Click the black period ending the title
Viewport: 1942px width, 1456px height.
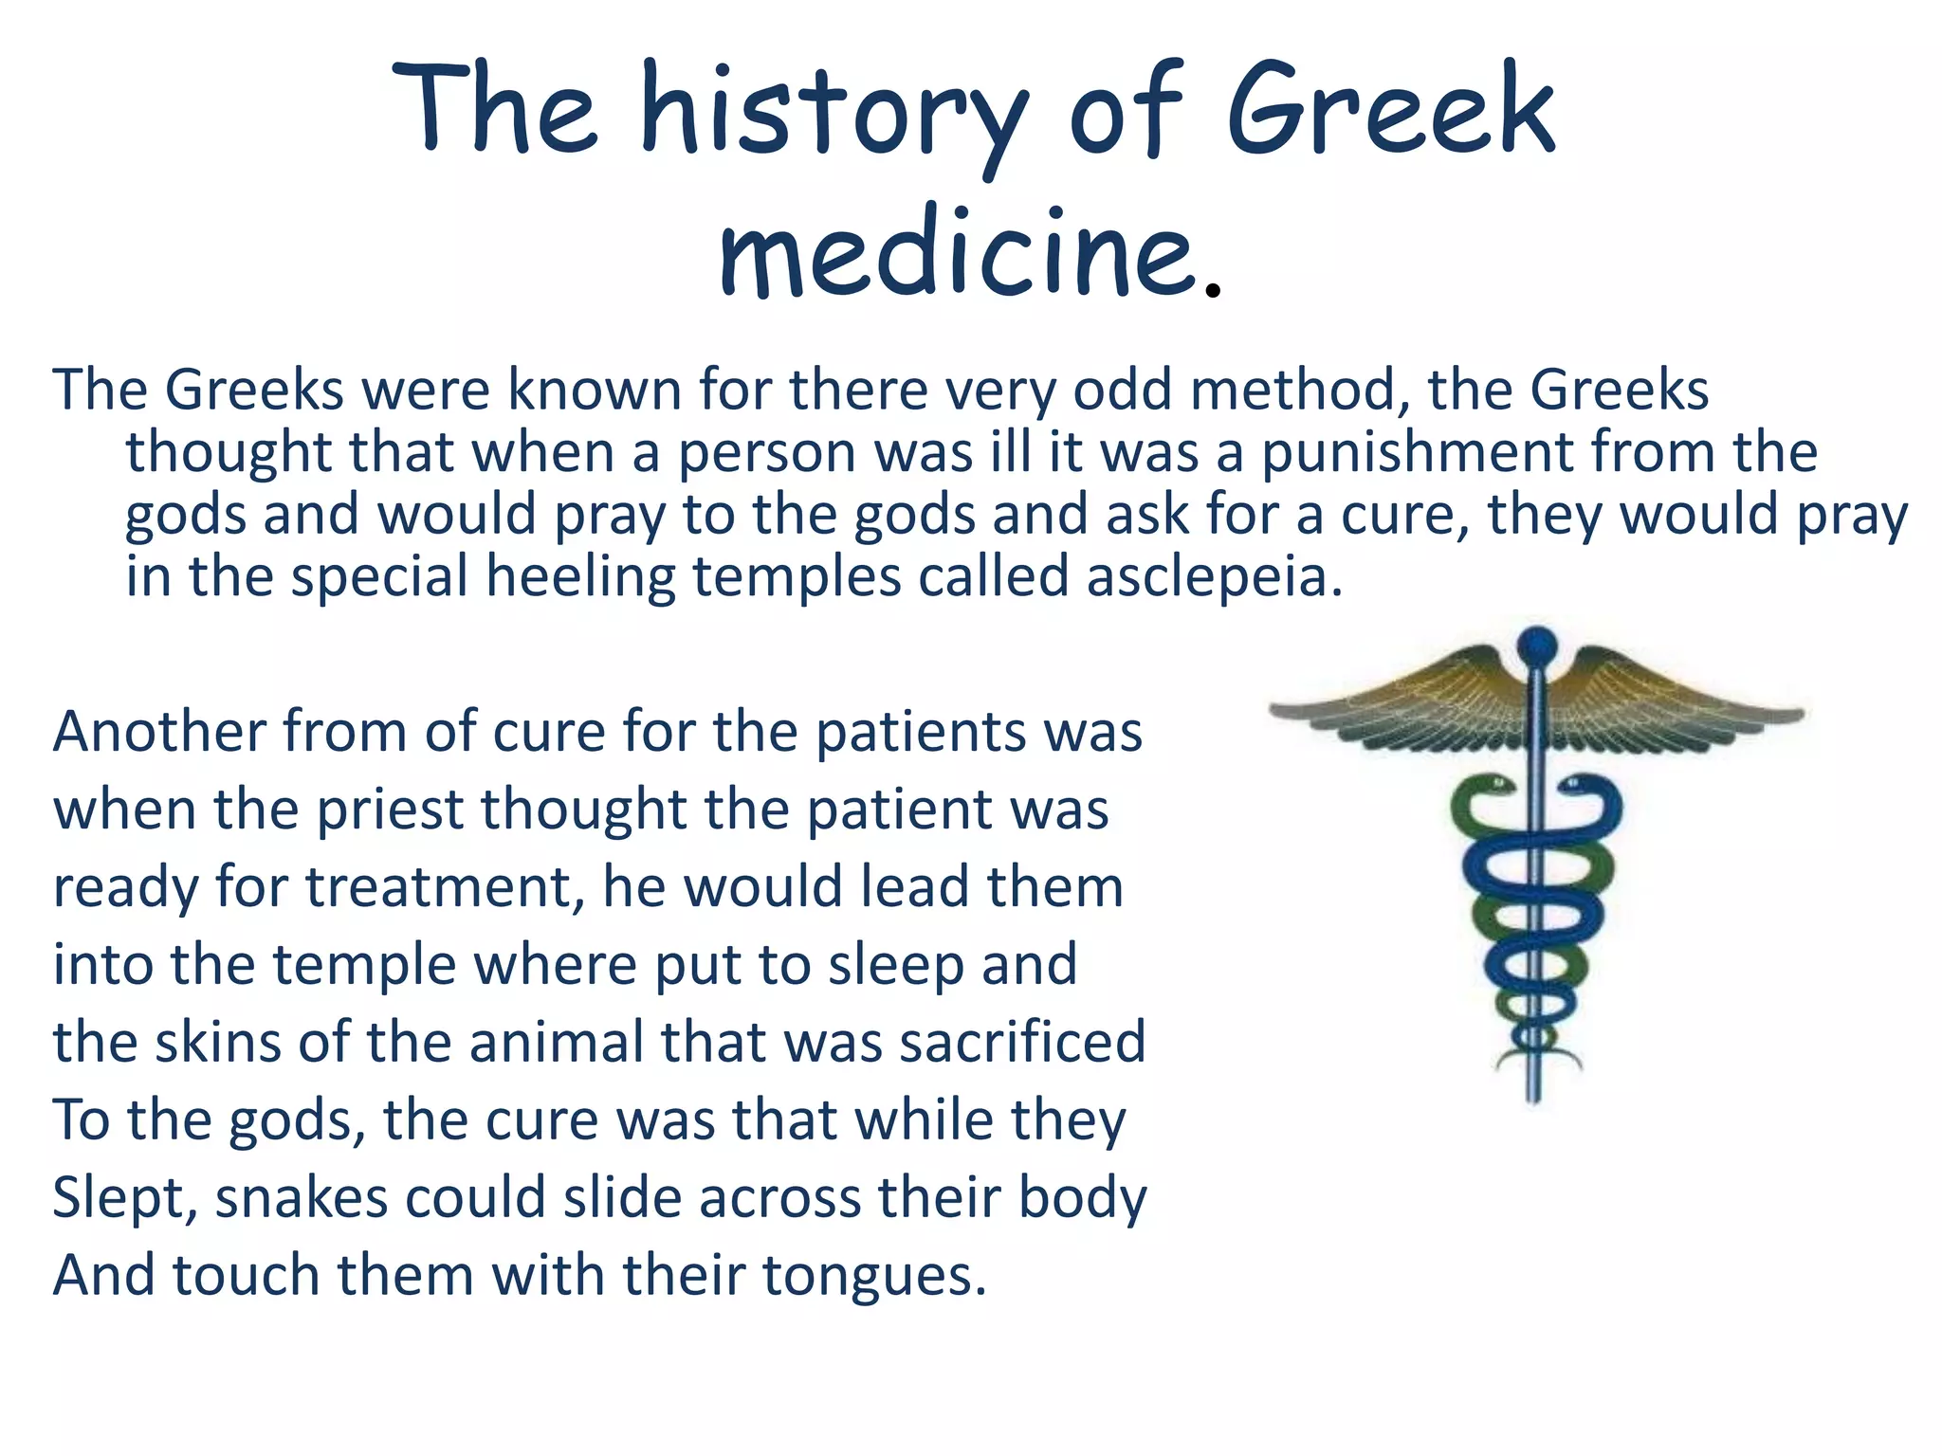1211,291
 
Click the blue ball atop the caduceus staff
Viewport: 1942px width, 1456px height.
1537,646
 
